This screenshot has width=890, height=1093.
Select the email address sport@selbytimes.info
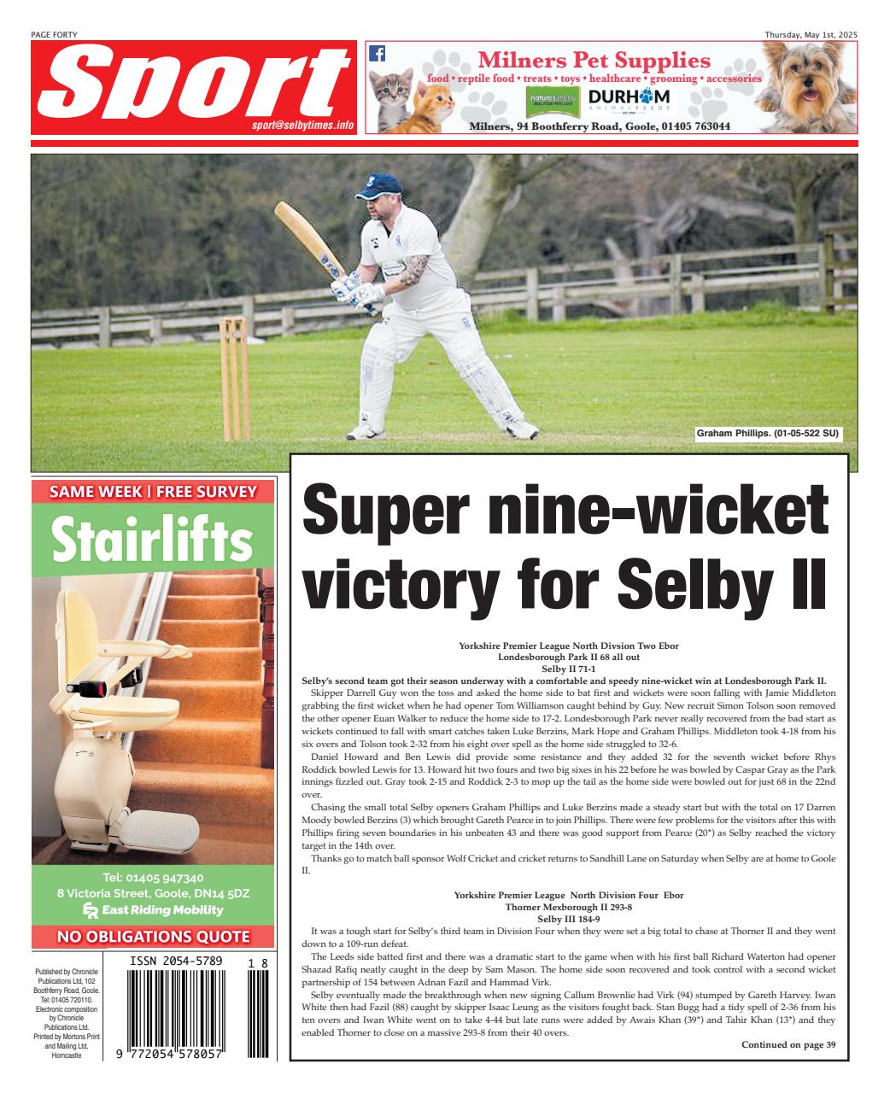302,125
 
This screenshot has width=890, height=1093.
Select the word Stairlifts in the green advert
153,540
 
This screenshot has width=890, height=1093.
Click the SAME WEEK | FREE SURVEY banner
153,491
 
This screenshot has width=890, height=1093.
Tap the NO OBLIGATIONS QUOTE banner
153,937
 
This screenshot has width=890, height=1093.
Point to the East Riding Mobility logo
153,909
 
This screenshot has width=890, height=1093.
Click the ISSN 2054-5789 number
176,961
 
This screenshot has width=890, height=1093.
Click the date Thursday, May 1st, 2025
811,34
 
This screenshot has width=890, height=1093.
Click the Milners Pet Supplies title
594,61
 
